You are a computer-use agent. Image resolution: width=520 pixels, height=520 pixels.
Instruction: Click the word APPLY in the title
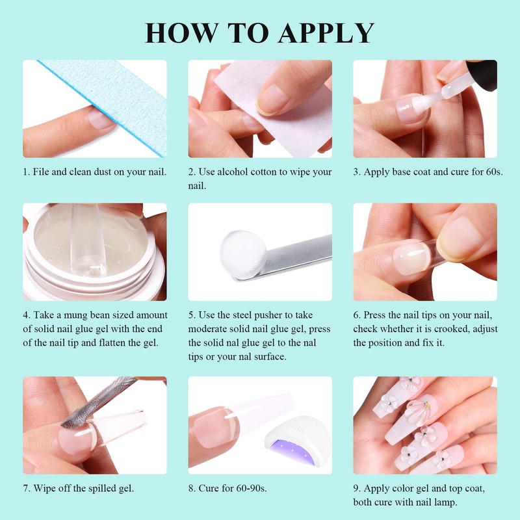tap(326, 32)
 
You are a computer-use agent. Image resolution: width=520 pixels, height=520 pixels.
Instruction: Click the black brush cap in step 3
tap(481, 75)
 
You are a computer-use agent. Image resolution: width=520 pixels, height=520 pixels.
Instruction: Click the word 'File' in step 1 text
tap(45, 172)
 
